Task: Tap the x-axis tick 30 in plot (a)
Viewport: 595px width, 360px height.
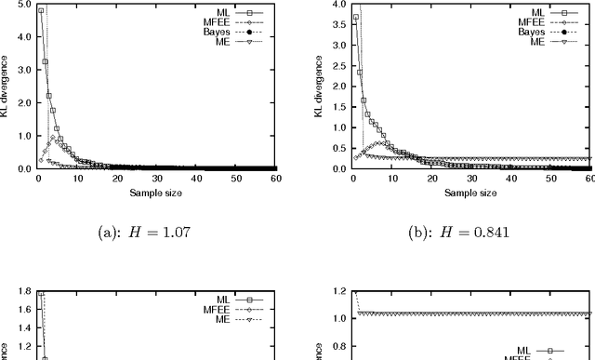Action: [156, 179]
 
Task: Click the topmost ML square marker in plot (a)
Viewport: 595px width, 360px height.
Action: [40, 11]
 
